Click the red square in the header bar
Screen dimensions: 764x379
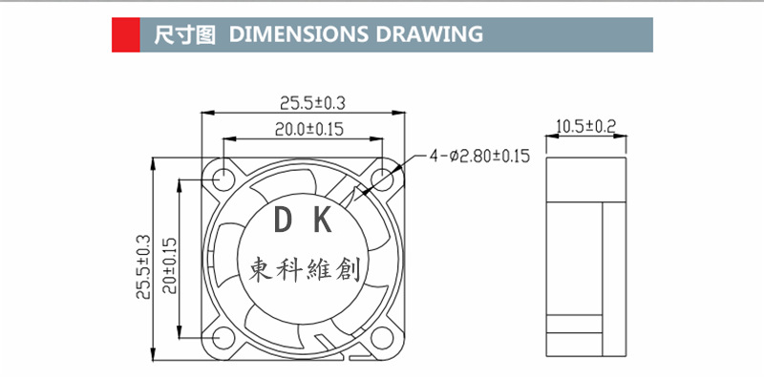pyautogui.click(x=126, y=34)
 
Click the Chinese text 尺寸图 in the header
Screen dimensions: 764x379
pyautogui.click(x=184, y=34)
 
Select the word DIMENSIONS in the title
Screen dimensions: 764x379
pyautogui.click(x=298, y=34)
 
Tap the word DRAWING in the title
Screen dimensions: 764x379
pyautogui.click(x=429, y=34)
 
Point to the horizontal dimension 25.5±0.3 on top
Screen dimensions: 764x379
pyautogui.click(x=312, y=103)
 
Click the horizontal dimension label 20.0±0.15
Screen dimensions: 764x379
pyautogui.click(x=308, y=129)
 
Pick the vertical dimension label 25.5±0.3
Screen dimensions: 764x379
pyautogui.click(x=144, y=267)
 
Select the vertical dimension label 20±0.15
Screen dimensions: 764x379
pyautogui.click(x=170, y=265)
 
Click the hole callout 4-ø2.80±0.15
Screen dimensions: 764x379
pyautogui.click(x=479, y=156)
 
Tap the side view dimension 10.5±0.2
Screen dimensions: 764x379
pyautogui.click(x=586, y=127)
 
